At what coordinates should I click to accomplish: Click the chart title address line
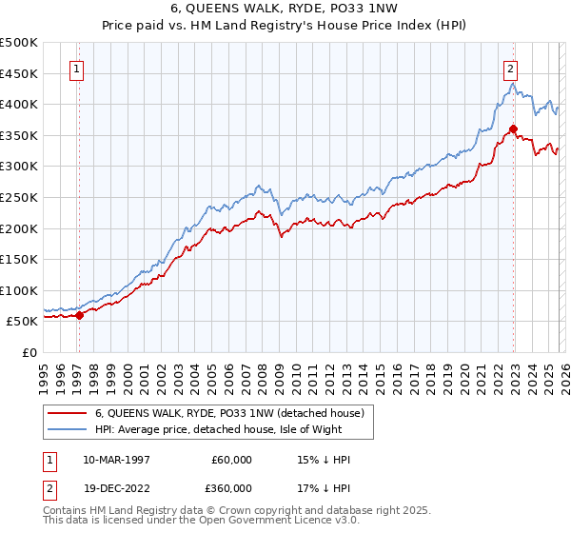pyautogui.click(x=285, y=10)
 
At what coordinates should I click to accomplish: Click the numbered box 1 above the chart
pyautogui.click(x=75, y=68)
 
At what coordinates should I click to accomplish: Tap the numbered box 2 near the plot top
pyautogui.click(x=511, y=68)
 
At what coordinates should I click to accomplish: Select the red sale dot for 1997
pyautogui.click(x=79, y=315)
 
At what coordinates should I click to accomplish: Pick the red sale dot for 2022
pyautogui.click(x=513, y=129)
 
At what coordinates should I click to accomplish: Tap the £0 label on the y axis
pyautogui.click(x=30, y=352)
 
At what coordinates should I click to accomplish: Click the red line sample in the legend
pyautogui.click(x=67, y=414)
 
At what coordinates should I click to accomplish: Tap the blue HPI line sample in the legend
pyautogui.click(x=67, y=430)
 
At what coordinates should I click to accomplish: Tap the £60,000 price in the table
pyautogui.click(x=232, y=460)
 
